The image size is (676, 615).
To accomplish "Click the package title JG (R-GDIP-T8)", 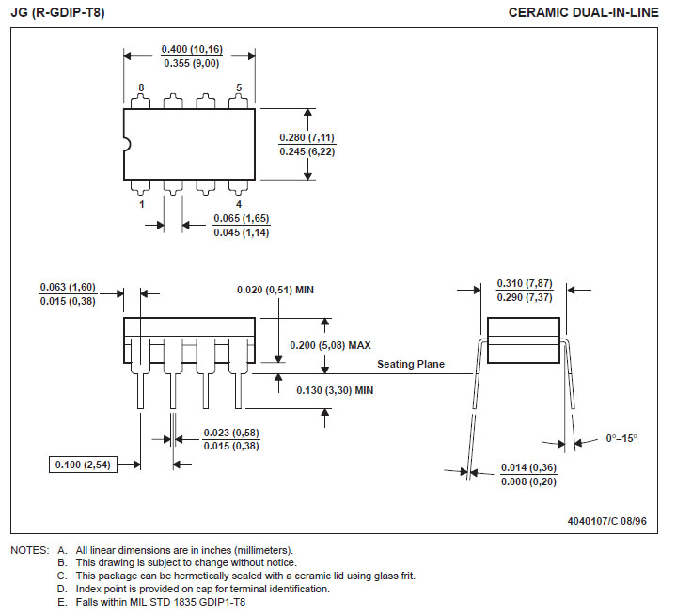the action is (x=57, y=12).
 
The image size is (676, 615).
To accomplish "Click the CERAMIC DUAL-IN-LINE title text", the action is (x=583, y=12).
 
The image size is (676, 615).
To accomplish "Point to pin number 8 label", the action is (x=141, y=87).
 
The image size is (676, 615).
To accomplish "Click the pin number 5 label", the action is (x=239, y=87).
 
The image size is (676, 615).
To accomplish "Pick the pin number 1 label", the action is (x=141, y=204).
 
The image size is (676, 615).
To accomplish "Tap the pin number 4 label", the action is (x=239, y=204).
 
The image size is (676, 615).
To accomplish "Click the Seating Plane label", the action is (x=411, y=364).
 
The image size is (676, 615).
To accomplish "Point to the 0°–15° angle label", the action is (x=621, y=438).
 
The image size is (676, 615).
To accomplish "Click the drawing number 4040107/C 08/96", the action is (x=607, y=521).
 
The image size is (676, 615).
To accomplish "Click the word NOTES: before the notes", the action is (x=30, y=550).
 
